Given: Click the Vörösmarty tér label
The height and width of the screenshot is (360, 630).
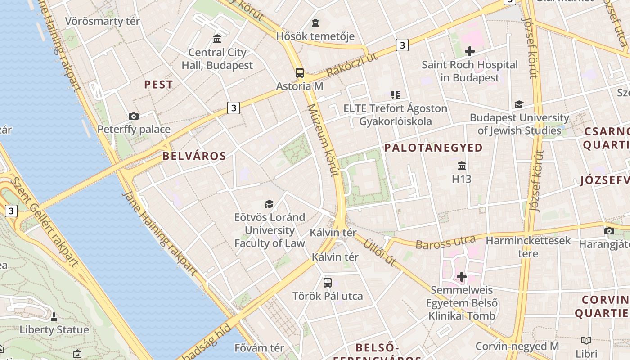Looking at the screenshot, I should [103, 21].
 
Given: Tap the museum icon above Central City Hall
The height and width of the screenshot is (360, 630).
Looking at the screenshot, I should [217, 39].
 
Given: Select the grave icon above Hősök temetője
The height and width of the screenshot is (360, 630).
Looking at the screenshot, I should [315, 23].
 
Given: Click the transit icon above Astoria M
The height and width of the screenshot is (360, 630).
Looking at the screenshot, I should [300, 73].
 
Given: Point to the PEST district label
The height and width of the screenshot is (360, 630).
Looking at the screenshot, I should [158, 85].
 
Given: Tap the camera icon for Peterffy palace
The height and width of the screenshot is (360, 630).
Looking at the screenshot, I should [133, 117].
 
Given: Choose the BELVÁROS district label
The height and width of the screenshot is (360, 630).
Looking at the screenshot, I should [194, 156].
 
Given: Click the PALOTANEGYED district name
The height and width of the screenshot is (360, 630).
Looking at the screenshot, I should [433, 148].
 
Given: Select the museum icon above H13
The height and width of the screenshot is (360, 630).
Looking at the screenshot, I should [461, 166].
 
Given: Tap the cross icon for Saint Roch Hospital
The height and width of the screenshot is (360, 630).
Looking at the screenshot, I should [469, 51].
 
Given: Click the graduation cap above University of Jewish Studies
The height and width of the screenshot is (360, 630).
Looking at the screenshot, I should [519, 105].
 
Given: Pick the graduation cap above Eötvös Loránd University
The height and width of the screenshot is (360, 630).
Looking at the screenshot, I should [269, 204].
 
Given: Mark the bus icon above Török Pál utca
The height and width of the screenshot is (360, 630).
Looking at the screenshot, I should [328, 283].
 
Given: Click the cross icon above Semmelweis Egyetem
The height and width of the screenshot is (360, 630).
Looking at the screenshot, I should [461, 276].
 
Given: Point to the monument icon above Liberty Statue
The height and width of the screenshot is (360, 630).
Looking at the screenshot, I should [54, 317].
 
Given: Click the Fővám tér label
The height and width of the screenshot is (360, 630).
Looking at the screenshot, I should [259, 348].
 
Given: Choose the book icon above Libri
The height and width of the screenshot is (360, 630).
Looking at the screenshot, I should [586, 341].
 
